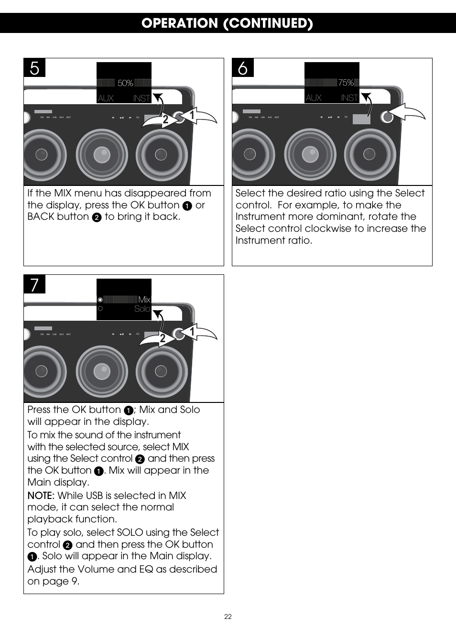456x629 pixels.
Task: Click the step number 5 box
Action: click(34, 68)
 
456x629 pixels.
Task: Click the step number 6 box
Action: click(243, 68)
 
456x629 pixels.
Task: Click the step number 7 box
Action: click(34, 284)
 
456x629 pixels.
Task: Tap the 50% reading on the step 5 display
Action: click(125, 83)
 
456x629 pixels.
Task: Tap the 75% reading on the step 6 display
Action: click(346, 83)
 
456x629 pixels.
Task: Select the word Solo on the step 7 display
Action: click(142, 309)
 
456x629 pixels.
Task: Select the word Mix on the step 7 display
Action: click(144, 300)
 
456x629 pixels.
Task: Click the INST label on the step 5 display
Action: click(141, 98)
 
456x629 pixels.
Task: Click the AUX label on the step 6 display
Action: click(314, 98)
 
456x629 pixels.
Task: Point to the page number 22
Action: click(228, 617)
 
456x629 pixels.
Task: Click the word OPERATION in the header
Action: click(179, 23)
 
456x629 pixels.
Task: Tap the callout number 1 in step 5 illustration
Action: click(192, 115)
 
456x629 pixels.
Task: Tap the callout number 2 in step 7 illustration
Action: click(163, 338)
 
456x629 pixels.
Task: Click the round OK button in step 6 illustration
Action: click(387, 117)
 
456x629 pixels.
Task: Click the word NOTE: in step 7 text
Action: click(41, 496)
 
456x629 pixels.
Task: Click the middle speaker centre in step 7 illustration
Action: click(101, 371)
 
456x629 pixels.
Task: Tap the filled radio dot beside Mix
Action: click(100, 300)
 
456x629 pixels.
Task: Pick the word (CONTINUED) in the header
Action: click(268, 23)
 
